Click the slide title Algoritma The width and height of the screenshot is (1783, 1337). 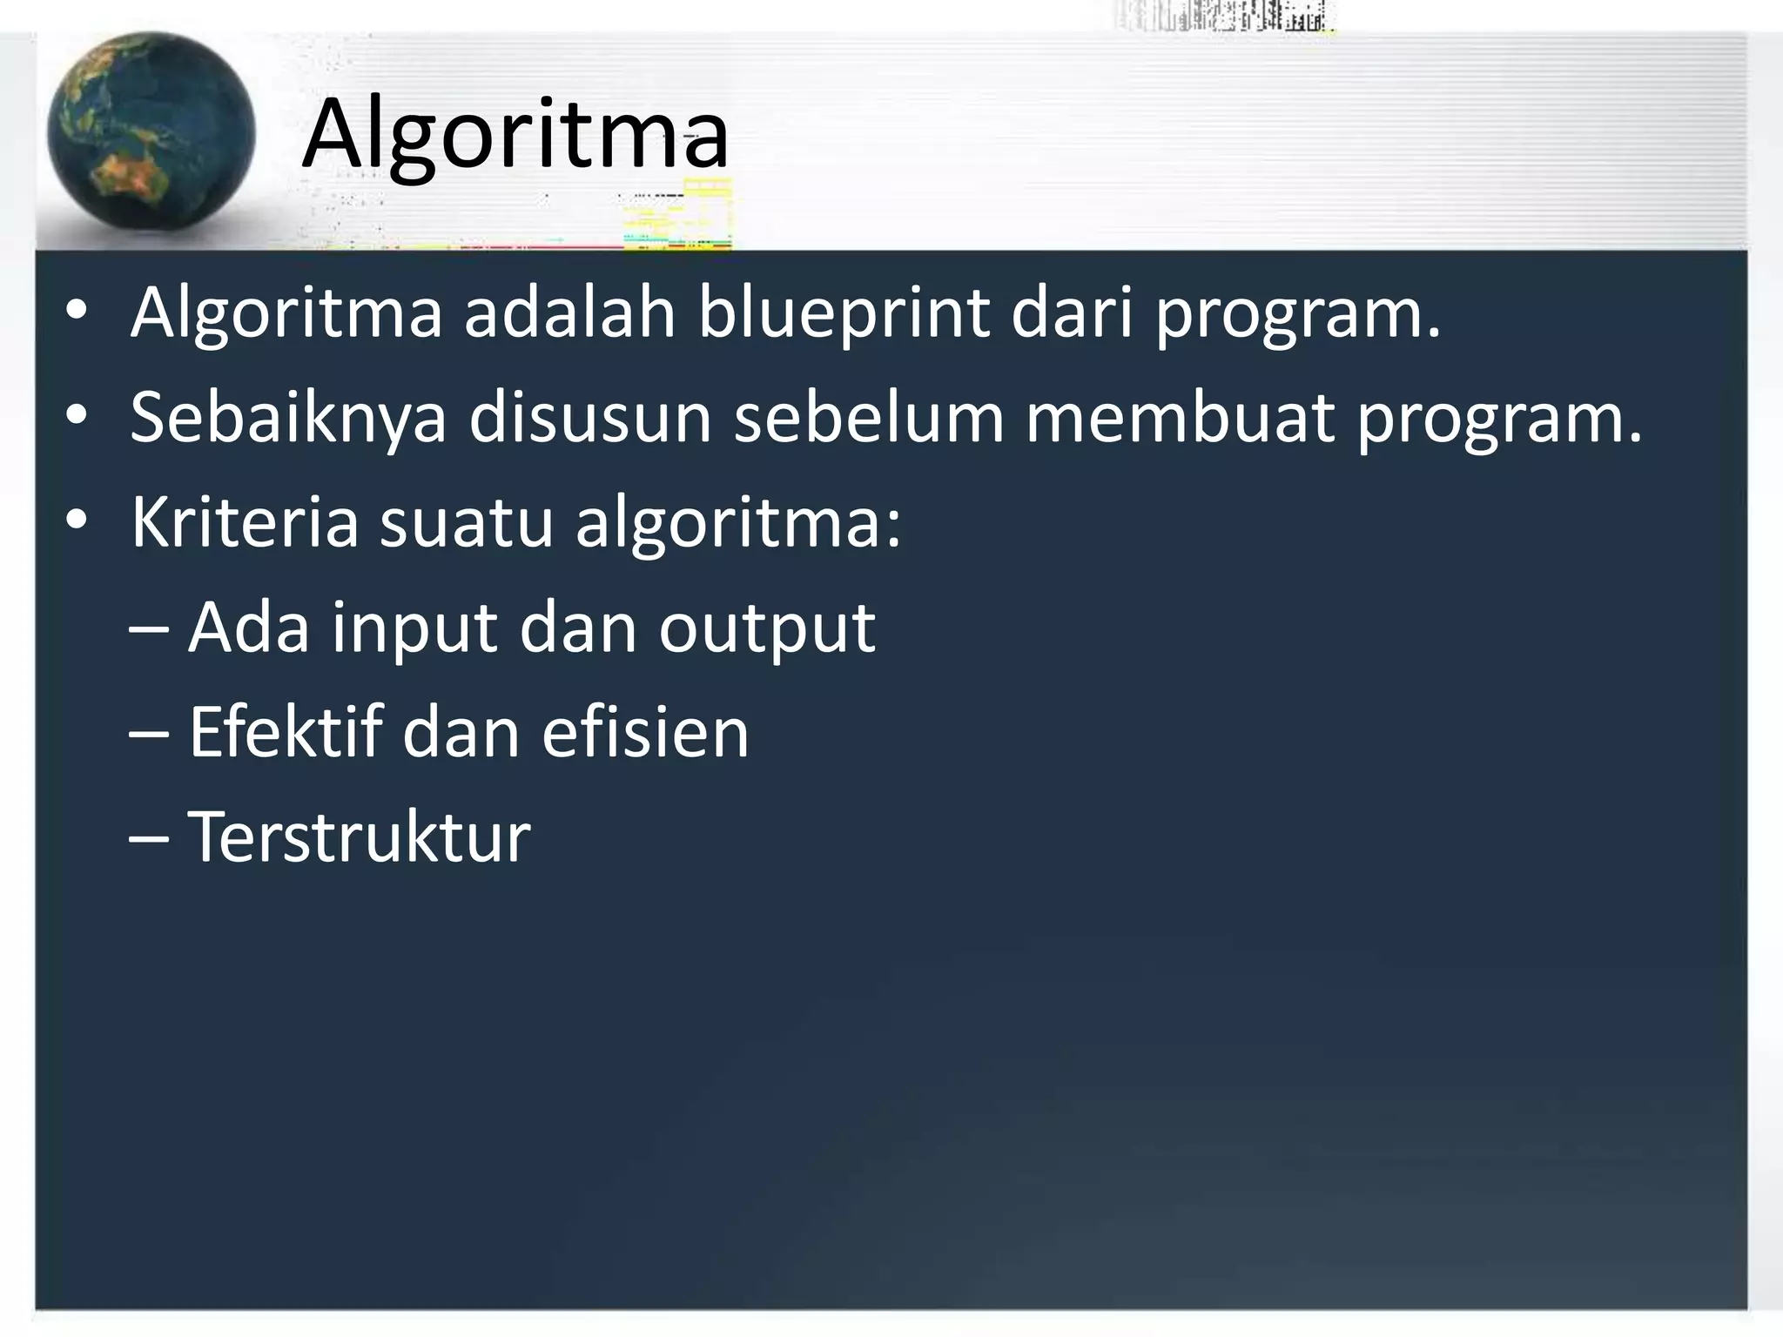click(515, 135)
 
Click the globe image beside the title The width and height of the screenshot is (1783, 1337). click(151, 133)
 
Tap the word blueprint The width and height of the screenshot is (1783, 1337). click(843, 312)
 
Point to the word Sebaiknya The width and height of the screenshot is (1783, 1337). click(288, 417)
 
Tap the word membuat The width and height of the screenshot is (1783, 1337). click(1180, 417)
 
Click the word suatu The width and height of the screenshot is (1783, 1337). click(467, 523)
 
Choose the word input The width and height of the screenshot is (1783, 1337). click(414, 628)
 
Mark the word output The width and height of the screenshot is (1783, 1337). click(766, 628)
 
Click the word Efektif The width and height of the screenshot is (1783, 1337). click(286, 732)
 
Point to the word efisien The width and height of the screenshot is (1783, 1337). click(645, 732)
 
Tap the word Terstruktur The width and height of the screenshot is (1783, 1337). click(359, 836)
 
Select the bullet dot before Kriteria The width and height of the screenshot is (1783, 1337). click(77, 521)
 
